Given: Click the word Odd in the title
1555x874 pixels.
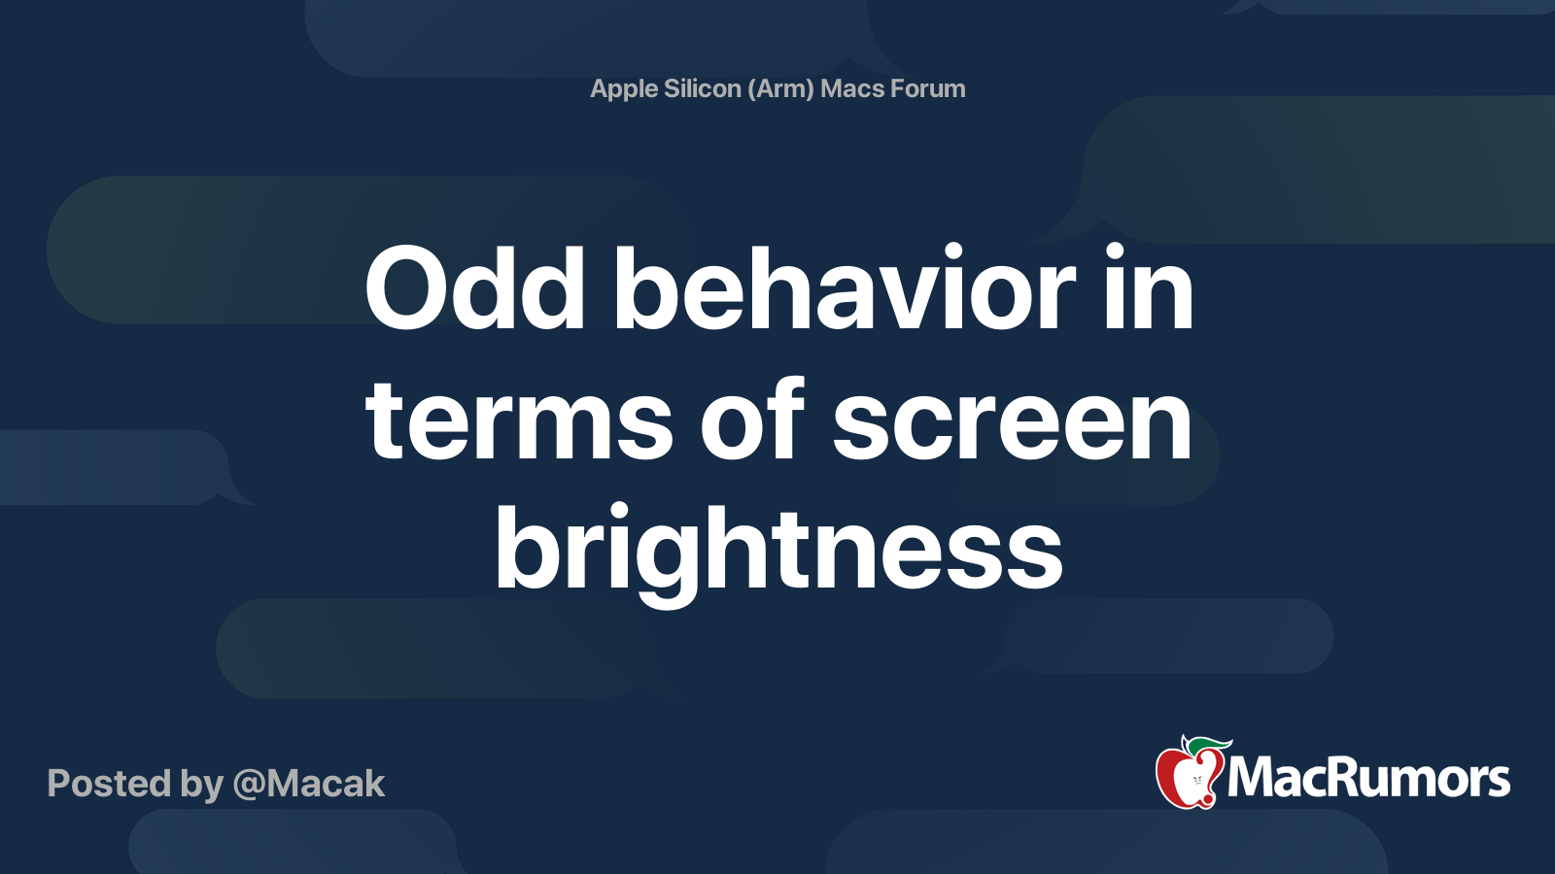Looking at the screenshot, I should (x=474, y=289).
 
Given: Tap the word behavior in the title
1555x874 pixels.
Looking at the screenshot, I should (x=844, y=289).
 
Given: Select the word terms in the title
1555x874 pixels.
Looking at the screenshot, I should (x=518, y=420).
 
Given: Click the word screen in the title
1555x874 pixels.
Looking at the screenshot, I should (x=1012, y=420).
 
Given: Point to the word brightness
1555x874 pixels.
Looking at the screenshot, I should (x=778, y=552).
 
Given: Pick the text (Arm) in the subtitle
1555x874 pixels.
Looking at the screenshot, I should (x=781, y=89).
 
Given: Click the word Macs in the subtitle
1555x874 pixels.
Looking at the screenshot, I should (x=852, y=88).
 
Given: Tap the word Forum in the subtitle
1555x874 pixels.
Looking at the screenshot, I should (x=928, y=88).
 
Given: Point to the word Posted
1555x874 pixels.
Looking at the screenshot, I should (x=109, y=784).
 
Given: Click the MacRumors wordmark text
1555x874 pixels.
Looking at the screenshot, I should (x=1368, y=779).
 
